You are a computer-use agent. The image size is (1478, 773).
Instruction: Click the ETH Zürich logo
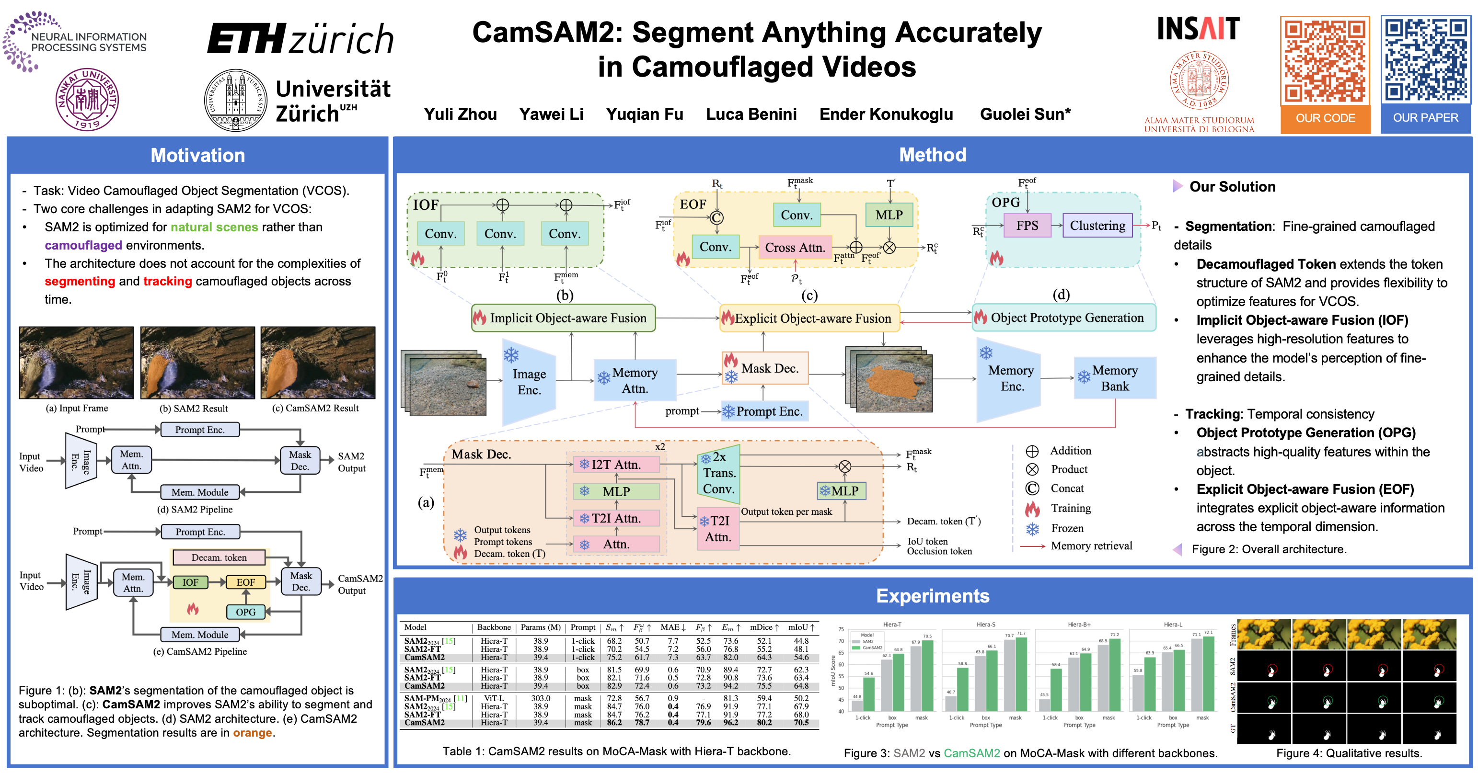(300, 39)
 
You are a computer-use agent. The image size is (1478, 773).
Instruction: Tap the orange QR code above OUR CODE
(1325, 61)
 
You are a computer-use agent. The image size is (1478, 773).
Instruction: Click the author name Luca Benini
(751, 114)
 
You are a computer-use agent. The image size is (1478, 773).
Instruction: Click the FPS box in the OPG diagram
(1027, 226)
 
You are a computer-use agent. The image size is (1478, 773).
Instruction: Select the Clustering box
(1097, 226)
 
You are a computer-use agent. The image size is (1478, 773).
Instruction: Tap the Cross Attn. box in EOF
(795, 247)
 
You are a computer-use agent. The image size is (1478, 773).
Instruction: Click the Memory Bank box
(1114, 378)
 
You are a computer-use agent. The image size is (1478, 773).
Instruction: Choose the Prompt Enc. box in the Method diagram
(764, 411)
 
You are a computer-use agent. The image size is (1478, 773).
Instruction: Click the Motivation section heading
(197, 155)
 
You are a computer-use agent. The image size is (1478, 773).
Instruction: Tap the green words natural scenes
(214, 227)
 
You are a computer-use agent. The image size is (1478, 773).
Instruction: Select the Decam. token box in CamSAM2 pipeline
(219, 557)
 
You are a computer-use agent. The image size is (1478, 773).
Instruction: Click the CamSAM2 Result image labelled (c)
(318, 363)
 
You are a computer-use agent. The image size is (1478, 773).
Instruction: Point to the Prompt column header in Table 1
(583, 627)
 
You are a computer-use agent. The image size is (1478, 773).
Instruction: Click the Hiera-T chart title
(891, 625)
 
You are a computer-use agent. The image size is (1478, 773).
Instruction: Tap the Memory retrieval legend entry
(1091, 546)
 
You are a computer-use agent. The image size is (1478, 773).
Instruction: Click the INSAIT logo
(1198, 28)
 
